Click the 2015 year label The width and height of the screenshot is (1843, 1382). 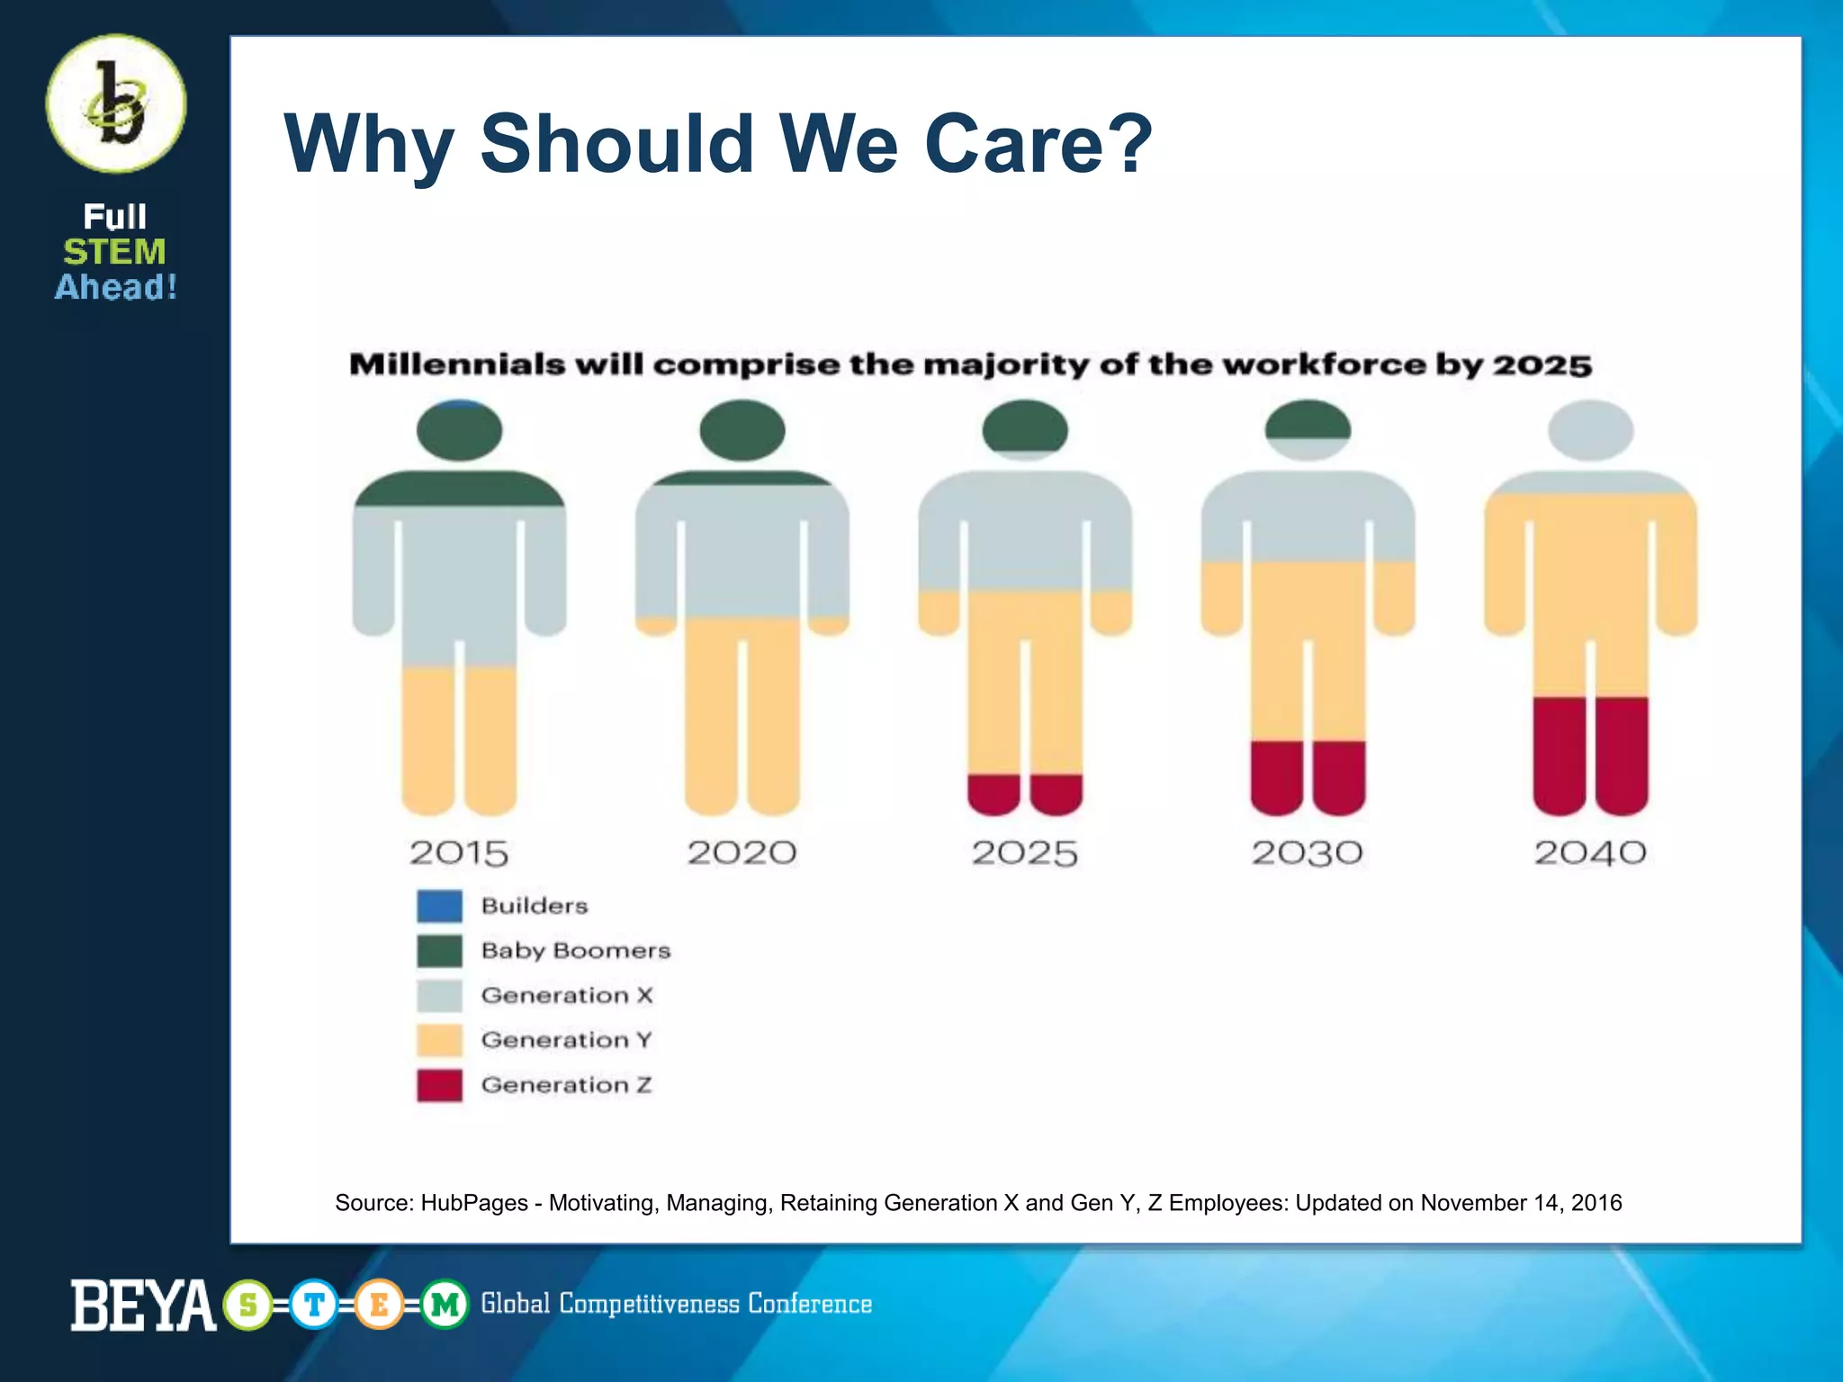point(459,852)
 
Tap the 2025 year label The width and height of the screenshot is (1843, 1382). point(1024,852)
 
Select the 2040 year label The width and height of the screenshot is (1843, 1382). point(1590,852)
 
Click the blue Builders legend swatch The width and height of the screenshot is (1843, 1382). point(439,905)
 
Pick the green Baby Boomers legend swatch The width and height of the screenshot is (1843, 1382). point(439,950)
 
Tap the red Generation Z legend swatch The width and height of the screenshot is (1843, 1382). point(439,1085)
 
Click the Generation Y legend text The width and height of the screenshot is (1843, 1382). point(566,1040)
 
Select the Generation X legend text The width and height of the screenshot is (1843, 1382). point(566,995)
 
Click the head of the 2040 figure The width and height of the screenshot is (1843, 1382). point(1590,430)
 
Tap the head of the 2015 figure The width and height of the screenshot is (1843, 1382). point(459,430)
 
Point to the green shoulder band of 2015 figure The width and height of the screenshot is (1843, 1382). point(459,489)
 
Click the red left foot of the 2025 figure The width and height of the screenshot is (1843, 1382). point(993,794)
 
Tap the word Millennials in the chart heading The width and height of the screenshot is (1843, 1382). point(456,364)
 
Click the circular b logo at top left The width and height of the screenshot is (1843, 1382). point(116,103)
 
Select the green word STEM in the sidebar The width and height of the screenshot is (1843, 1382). point(114,252)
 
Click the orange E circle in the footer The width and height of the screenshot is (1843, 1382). point(379,1304)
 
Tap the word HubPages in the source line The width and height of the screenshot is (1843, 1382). point(473,1203)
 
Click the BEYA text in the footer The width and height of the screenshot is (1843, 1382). point(142,1305)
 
